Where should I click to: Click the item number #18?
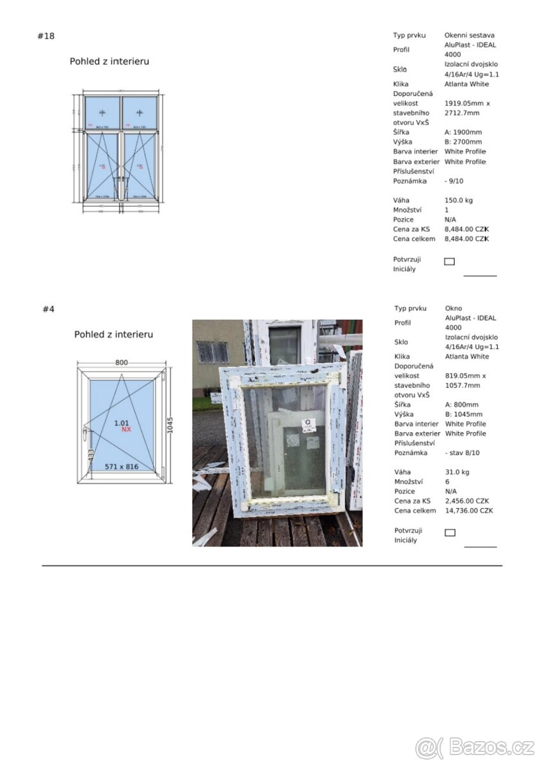click(46, 36)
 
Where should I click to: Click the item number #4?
click(48, 309)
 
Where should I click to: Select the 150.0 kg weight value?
click(459, 200)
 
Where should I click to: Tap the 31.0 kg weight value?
click(457, 472)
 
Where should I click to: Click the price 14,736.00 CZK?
click(469, 511)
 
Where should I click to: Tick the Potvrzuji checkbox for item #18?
click(449, 261)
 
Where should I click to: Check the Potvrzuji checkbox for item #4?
click(450, 532)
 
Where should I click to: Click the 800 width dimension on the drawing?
click(121, 363)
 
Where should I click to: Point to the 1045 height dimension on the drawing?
click(170, 419)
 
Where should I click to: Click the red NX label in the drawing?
click(126, 430)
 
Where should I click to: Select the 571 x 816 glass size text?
click(121, 467)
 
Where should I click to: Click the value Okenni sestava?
click(470, 36)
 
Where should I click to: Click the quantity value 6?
click(447, 482)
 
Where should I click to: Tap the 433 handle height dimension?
click(91, 456)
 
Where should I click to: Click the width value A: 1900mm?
click(463, 132)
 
